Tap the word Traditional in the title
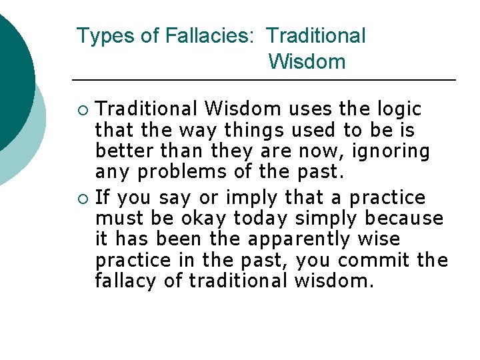[316, 36]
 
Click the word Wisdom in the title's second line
[307, 62]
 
